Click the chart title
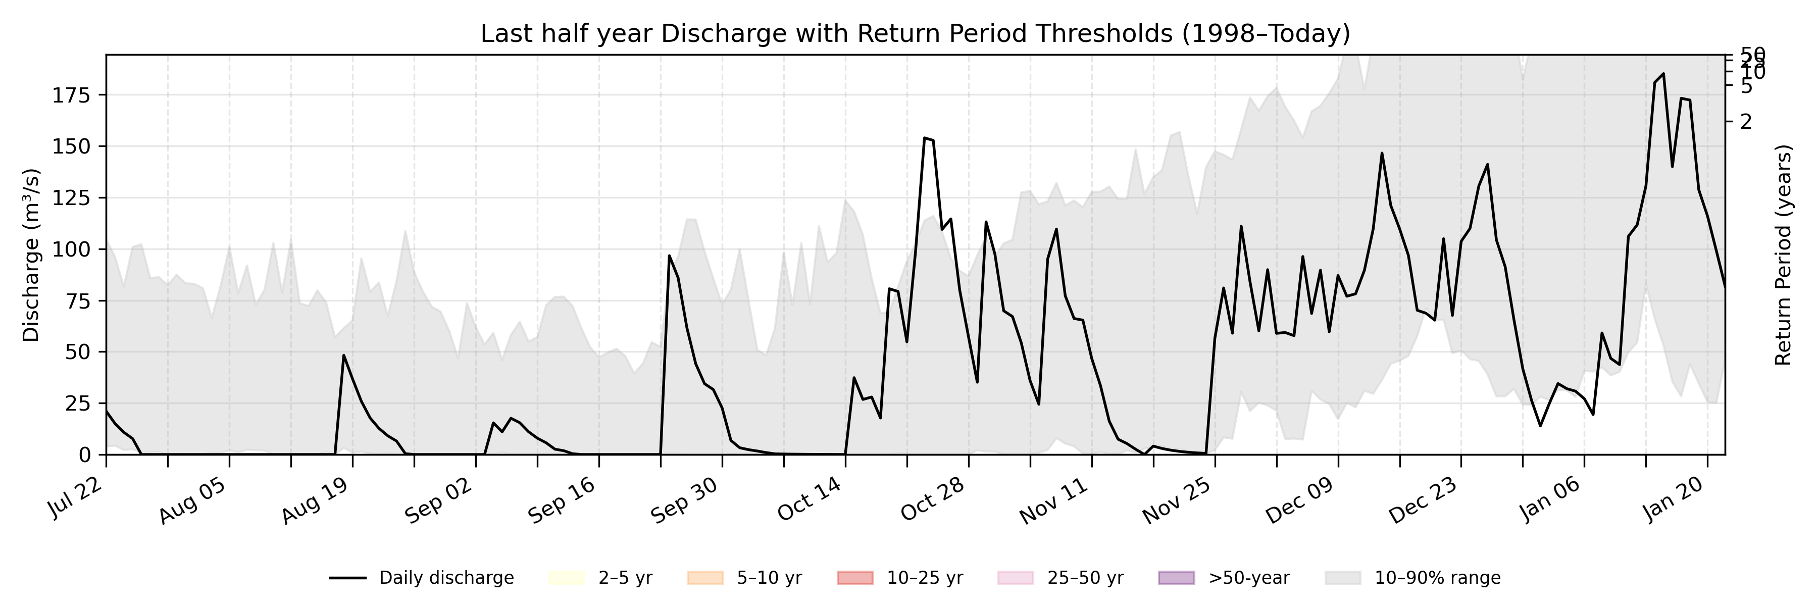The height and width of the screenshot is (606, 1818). [915, 33]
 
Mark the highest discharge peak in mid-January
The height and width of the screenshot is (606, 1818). [1663, 73]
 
